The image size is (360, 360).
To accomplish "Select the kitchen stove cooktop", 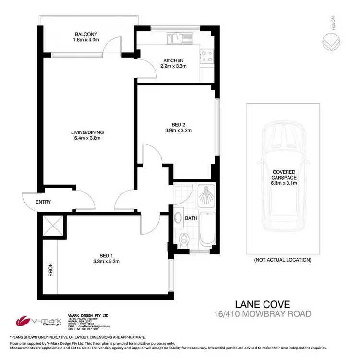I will pos(207,58).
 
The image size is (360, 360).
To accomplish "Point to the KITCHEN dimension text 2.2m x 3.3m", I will pos(173,68).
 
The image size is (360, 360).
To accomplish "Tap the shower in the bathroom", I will pos(208,194).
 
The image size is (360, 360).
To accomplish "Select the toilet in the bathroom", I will pos(183,238).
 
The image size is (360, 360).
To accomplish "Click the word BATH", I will pos(192,218).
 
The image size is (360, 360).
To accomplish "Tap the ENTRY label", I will pos(44,202).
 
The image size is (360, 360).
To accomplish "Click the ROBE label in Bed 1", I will pos(49,271).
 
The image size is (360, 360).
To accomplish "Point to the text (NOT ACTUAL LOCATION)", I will pos(283,260).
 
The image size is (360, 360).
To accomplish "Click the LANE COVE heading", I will pos(266,304).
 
